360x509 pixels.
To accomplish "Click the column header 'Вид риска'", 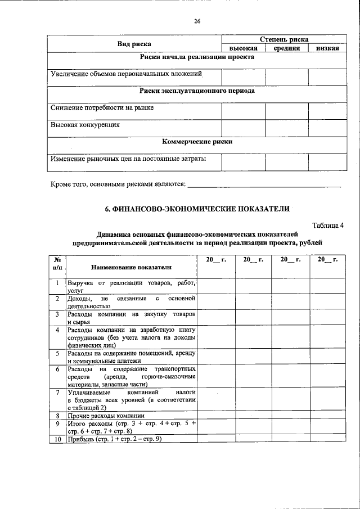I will click(x=134, y=43).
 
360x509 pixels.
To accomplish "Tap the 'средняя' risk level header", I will click(x=287, y=48).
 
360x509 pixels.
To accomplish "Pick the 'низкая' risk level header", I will click(x=327, y=48).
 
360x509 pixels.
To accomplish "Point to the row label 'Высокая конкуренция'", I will click(x=85, y=125).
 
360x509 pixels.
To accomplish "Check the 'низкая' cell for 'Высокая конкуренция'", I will click(x=327, y=127).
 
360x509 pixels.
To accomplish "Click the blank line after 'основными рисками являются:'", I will click(x=264, y=183).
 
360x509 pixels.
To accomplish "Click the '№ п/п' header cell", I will click(x=57, y=263).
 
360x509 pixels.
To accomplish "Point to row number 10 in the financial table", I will click(x=57, y=439).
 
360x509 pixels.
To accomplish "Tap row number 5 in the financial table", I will click(x=57, y=353).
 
